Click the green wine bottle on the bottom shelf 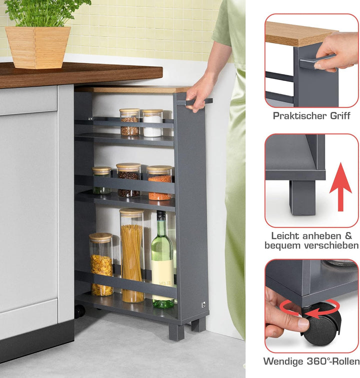(162, 260)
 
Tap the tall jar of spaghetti (132, 255)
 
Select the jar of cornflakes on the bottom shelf (101, 264)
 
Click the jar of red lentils (159, 182)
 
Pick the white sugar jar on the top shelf (152, 123)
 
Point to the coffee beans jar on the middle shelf (129, 180)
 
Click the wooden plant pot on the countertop (38, 47)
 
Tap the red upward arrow (340, 187)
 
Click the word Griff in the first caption (340, 116)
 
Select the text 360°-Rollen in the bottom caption (333, 361)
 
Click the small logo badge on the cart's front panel (203, 304)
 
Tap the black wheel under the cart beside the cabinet (79, 311)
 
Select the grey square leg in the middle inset (302, 197)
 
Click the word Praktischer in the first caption (300, 116)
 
